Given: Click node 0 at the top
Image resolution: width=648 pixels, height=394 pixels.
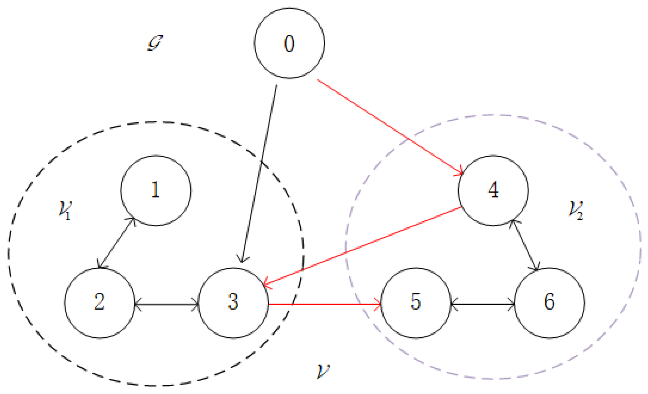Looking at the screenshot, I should [289, 43].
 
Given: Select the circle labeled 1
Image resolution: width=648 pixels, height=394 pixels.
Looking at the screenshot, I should [156, 190].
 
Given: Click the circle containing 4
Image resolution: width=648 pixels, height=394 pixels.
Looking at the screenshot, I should [493, 190].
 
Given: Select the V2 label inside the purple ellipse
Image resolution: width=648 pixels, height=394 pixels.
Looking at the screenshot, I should [575, 210].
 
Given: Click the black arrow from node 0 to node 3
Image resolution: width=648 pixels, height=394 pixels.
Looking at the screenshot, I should [259, 172].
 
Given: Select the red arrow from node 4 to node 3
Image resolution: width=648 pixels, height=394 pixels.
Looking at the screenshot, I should [362, 246].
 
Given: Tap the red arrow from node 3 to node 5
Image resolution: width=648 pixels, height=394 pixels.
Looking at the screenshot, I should [324, 304].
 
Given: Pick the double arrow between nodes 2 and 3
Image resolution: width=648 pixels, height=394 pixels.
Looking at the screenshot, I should [166, 305].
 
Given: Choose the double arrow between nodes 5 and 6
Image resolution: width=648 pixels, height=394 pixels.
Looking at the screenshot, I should [482, 304].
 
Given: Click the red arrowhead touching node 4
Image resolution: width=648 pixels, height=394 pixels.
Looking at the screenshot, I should [459, 173].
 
